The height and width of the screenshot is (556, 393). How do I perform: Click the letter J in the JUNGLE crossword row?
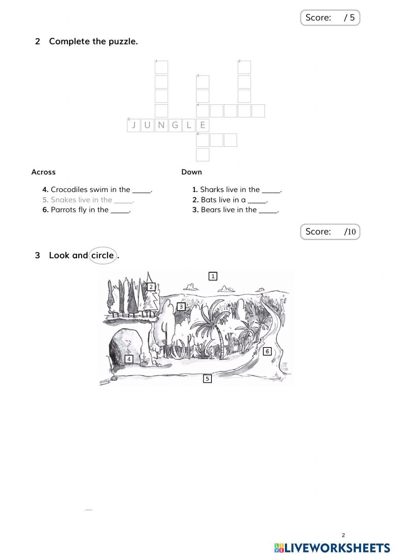tap(134, 126)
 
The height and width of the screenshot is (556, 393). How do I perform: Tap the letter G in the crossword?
tap(175, 126)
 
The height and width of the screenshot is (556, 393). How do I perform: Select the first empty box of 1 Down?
tap(161, 67)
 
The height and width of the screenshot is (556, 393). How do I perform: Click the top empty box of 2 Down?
tap(244, 67)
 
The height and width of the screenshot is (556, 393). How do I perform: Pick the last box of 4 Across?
tap(258, 111)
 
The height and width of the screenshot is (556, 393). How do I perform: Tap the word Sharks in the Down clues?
tap(212, 190)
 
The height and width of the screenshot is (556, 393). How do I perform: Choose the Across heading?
tap(43, 172)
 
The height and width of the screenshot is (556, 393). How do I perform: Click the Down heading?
tap(191, 172)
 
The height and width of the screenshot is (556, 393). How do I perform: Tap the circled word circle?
tap(103, 255)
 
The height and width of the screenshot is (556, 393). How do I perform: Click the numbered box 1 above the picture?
tap(213, 276)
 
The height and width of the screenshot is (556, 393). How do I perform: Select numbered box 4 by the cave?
tap(129, 359)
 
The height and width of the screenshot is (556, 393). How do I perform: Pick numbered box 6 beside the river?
tap(267, 351)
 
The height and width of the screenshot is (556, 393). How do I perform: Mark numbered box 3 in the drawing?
tap(181, 307)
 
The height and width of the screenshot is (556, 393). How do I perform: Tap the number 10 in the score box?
tap(351, 232)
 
